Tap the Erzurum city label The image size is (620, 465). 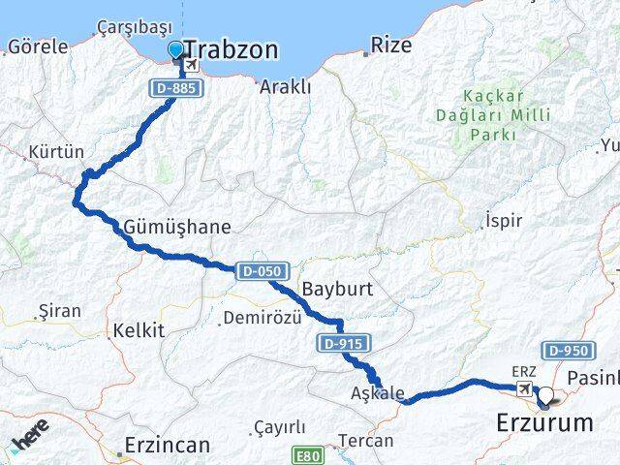pos(543,422)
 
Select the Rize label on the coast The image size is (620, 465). pos(391,45)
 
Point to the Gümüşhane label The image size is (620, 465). pos(177,228)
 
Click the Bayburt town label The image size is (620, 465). pos(337,289)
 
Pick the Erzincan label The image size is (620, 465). pos(167,446)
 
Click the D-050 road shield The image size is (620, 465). pos(257,271)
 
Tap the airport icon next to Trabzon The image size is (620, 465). pos(191,65)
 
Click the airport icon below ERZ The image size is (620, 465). pos(524,389)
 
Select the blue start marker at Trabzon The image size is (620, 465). pos(175,49)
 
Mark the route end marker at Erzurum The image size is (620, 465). pos(547,395)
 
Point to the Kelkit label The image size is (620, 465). pos(138,330)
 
